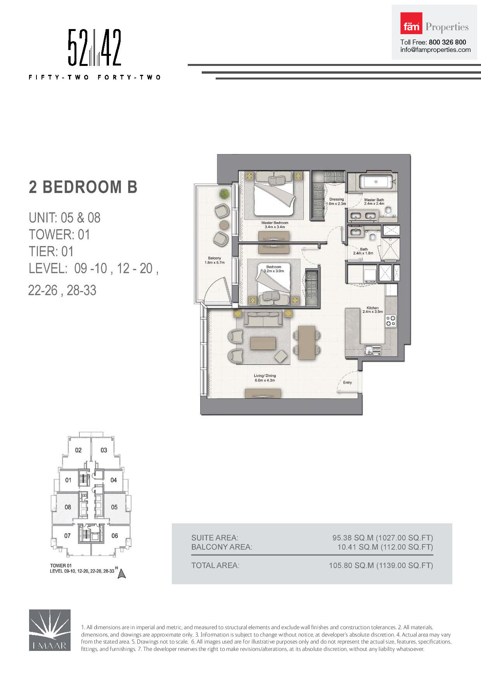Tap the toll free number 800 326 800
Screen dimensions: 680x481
447,42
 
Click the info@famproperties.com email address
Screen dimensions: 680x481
435,50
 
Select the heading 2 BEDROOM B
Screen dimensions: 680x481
83,187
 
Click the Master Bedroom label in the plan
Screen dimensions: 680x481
275,224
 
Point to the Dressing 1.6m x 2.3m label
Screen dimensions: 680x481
336,201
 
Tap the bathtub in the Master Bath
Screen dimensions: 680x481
375,181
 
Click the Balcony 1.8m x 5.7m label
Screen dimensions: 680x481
215,260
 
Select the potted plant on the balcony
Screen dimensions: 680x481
224,193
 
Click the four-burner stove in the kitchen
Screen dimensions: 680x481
391,321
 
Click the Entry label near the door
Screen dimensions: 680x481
347,382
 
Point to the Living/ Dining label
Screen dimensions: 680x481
265,378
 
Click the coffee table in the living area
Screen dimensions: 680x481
263,343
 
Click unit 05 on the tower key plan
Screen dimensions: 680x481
114,507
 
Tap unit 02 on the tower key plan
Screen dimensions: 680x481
78,450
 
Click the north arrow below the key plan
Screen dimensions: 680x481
122,574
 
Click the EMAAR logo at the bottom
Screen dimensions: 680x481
50,630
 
